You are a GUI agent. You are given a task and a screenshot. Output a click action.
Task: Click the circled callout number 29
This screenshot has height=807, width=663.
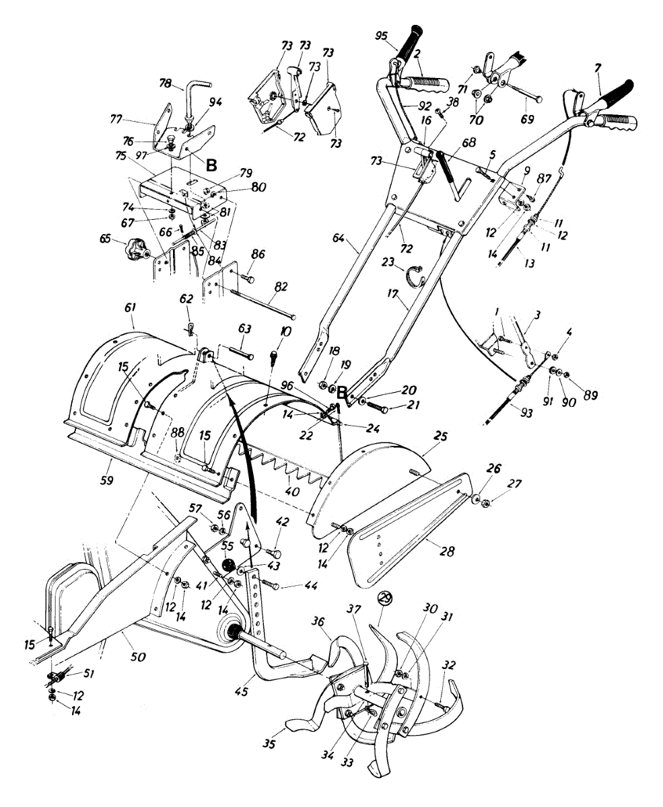384,597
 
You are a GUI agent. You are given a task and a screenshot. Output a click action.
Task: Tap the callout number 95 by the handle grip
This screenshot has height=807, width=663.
382,36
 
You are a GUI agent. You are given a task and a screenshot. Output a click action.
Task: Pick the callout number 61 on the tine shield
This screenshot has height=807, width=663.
130,307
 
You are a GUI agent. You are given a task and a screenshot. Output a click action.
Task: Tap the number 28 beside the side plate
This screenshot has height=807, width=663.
446,551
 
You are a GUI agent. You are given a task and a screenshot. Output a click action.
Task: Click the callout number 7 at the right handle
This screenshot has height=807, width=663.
597,70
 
